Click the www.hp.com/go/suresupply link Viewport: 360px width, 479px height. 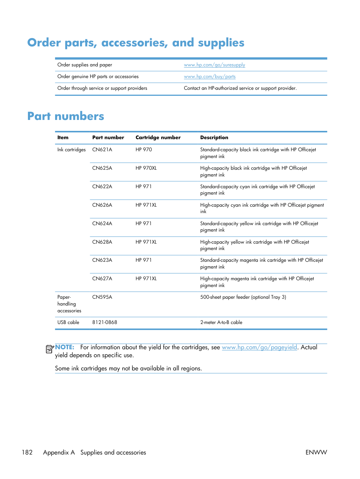point(214,65)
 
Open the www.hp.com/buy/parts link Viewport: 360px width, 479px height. point(209,77)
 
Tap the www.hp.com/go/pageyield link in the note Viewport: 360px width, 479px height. point(259,347)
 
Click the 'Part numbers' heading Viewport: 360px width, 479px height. point(66,116)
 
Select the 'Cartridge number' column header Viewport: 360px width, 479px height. point(158,138)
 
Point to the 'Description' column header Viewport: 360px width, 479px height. point(214,138)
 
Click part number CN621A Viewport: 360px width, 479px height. point(102,150)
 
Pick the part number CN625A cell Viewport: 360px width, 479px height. point(102,168)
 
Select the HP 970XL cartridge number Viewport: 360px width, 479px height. point(146,168)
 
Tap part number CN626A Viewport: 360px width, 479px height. point(102,205)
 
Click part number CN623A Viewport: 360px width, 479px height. point(102,260)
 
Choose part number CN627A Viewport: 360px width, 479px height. point(102,279)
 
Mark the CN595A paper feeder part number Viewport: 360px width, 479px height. point(102,297)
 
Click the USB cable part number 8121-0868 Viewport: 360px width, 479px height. point(105,322)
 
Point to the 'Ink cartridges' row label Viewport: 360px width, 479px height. point(71,150)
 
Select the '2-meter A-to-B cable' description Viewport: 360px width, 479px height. point(221,322)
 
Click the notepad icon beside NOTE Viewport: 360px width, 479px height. point(49,349)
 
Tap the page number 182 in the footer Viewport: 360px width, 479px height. point(27,452)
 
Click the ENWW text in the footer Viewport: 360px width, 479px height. point(316,452)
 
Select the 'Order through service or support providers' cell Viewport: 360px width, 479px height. point(102,88)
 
